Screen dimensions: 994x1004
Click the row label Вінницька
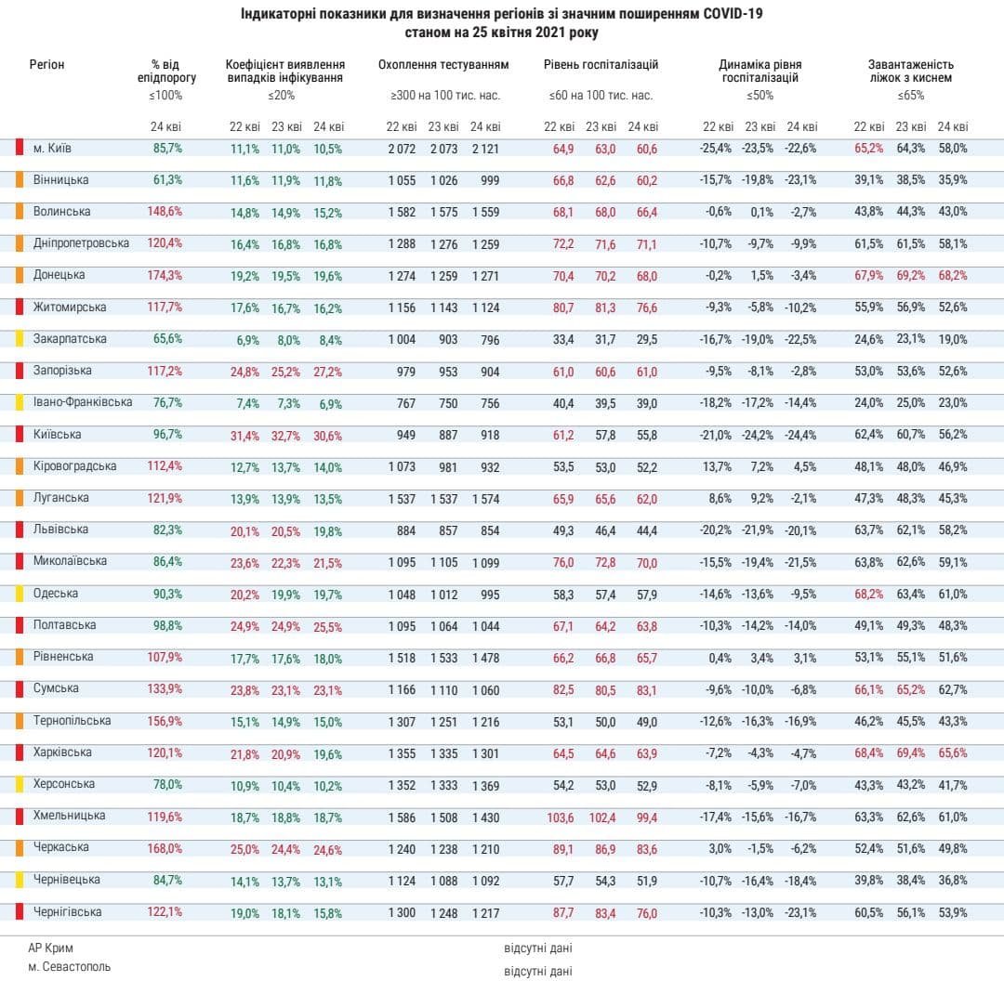pos(60,179)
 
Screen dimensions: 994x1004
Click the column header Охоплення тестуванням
pos(443,65)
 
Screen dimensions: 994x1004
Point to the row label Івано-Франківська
pos(82,402)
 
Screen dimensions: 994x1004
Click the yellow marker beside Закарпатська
pos(19,339)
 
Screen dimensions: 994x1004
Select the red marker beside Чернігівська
pos(19,912)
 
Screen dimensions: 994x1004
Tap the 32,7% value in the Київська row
pos(285,435)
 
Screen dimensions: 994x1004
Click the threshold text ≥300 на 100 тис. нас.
pos(445,96)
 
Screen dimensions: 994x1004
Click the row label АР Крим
pos(50,948)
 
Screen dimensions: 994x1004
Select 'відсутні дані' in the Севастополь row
pos(537,971)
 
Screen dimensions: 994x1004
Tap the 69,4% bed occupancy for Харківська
pos(910,753)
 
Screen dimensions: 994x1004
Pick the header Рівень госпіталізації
pos(601,65)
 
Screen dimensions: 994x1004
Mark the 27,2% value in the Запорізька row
pos(327,372)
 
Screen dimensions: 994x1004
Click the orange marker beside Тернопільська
pos(19,721)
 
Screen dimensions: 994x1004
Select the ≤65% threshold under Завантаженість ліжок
pos(910,96)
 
